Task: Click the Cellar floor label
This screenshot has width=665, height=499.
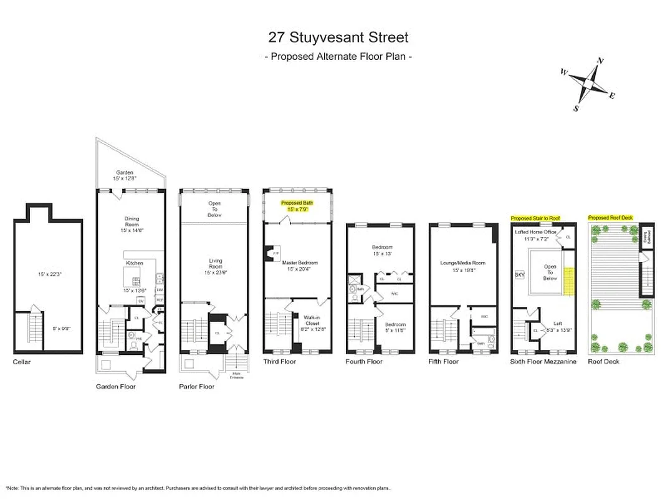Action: tap(21, 362)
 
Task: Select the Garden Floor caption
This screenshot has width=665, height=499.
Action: tap(115, 387)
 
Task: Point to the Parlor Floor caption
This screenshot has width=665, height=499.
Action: tap(197, 387)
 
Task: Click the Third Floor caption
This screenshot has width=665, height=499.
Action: tap(280, 362)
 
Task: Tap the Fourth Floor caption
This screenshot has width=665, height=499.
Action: tap(364, 362)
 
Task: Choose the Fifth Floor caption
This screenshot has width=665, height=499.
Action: tap(444, 362)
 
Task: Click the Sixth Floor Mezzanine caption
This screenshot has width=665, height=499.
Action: tap(543, 362)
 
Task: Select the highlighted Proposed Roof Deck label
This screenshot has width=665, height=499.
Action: tap(611, 217)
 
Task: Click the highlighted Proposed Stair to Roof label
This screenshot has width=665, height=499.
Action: tap(535, 218)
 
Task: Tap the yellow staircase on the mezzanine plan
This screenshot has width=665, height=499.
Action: tap(568, 281)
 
